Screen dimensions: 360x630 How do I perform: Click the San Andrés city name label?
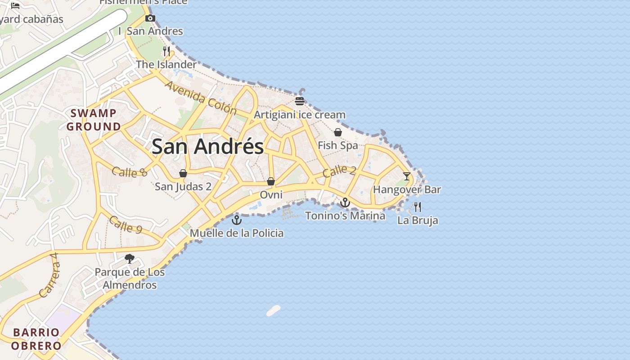point(207,147)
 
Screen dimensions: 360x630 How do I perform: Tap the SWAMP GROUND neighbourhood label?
point(94,120)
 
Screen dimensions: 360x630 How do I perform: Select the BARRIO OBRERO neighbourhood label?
point(36,339)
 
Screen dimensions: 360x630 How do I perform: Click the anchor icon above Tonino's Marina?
point(345,202)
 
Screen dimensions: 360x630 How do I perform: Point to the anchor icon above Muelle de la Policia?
point(237,220)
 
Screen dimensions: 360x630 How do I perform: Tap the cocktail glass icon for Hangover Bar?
point(407,176)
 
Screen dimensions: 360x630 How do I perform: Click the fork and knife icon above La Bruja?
point(418,207)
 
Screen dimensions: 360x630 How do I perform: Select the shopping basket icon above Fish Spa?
point(338,132)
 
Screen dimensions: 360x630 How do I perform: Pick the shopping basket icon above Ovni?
point(271,181)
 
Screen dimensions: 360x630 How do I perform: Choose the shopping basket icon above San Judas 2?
point(183,173)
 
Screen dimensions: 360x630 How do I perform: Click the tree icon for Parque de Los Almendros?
point(130,259)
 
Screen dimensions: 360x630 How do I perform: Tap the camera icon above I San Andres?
point(150,18)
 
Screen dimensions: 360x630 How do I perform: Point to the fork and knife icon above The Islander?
point(166,51)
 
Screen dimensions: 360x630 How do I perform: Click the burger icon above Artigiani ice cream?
point(300,101)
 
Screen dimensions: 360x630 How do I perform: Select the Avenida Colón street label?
point(200,98)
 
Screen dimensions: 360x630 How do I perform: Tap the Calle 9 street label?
point(126,225)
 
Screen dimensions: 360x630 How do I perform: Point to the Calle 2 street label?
point(339,171)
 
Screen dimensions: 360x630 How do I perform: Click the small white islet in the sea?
point(274,310)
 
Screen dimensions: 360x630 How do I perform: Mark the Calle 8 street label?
point(130,172)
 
